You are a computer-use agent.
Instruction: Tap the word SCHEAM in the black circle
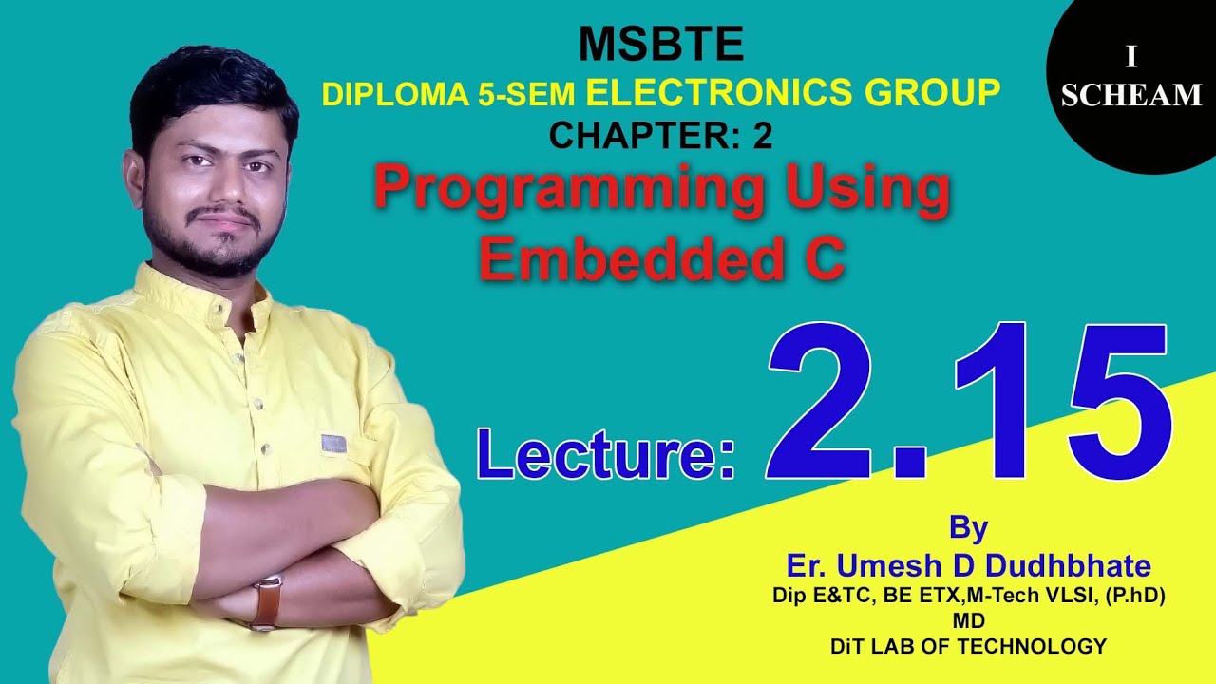click(1131, 95)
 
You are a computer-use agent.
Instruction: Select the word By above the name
click(968, 527)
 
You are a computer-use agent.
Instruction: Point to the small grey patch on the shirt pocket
click(332, 443)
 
